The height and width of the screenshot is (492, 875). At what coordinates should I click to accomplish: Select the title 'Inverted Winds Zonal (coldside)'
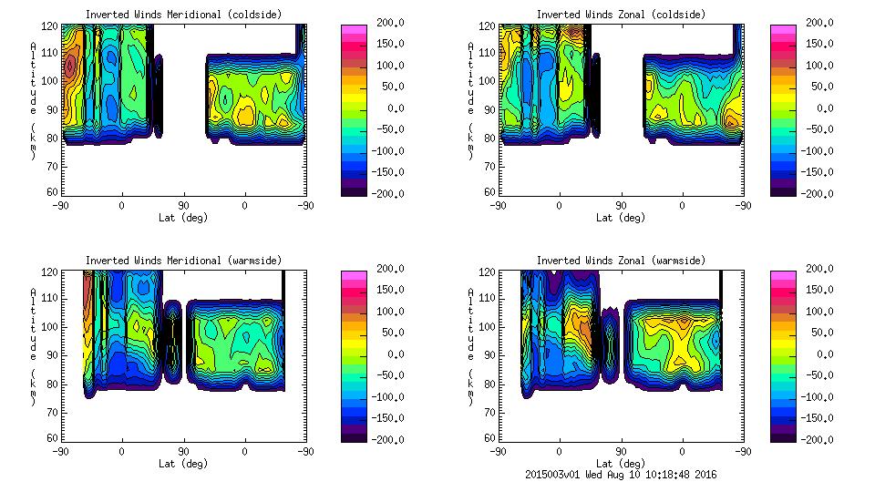click(x=620, y=15)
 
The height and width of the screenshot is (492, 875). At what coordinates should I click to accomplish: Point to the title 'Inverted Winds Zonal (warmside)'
click(x=620, y=261)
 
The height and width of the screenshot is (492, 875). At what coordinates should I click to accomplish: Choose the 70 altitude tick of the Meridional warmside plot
click(x=54, y=412)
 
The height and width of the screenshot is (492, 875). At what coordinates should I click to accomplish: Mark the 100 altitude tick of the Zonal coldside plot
click(x=488, y=80)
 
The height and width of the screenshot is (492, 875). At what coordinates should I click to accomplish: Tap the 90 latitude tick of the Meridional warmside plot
click(x=183, y=451)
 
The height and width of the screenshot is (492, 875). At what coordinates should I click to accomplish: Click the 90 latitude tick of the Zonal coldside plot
click(x=621, y=205)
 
